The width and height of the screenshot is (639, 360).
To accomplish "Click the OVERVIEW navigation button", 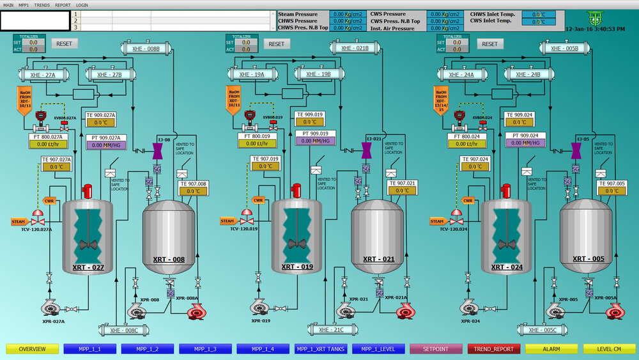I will pos(32,349).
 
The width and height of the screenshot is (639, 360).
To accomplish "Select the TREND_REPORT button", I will pos(494,349).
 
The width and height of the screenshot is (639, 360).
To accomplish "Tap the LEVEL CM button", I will pos(609,349).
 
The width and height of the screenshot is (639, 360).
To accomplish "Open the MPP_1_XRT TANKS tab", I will pos(320,349).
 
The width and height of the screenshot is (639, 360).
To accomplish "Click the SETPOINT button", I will pos(436,349).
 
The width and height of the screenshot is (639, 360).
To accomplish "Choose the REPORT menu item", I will pos(63,4).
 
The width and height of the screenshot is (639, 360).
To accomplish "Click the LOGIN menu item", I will pos(82,4).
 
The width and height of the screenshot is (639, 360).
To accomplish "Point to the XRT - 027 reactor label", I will pos(88,267).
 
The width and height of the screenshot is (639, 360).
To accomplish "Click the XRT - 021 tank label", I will pos(380,259).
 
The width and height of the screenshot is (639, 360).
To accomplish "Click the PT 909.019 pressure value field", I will pos(316,141).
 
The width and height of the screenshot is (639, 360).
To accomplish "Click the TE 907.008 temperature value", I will pos(192,191).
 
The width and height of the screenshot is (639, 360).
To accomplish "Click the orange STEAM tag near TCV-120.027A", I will pos(19,221).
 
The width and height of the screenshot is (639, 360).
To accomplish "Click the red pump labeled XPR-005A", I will pos(615,311).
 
